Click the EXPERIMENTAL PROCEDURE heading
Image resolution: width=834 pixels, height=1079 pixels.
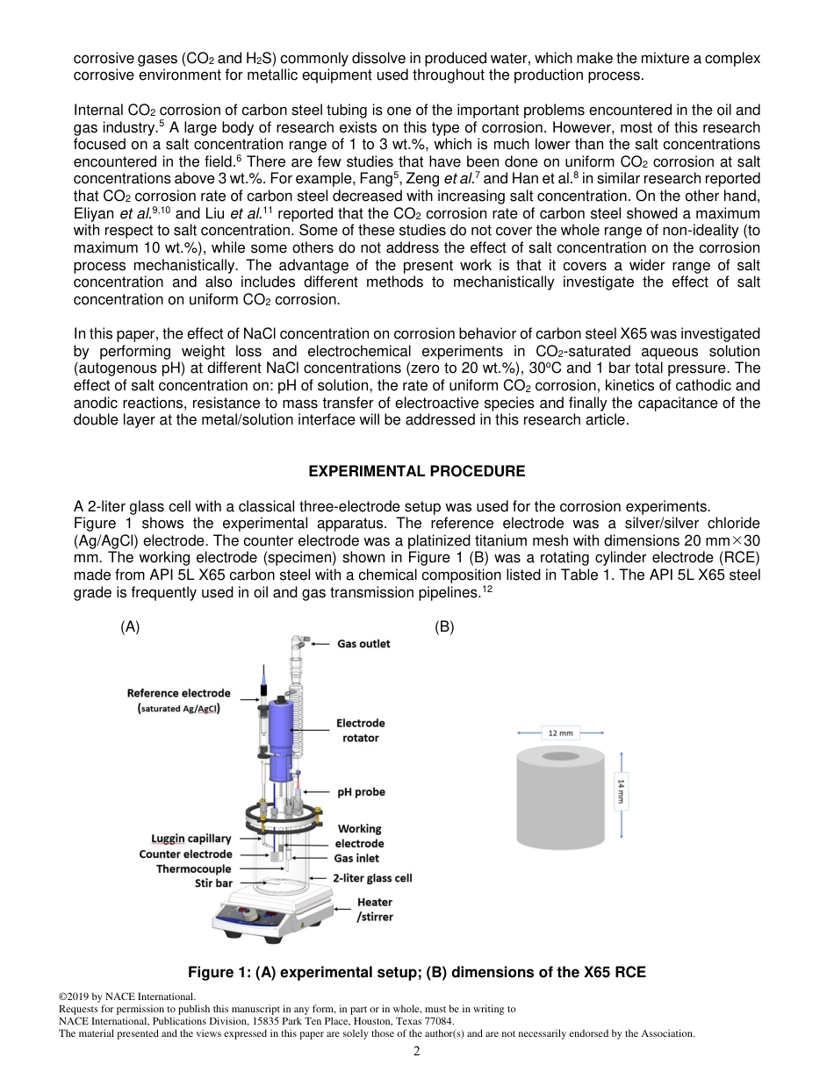pyautogui.click(x=417, y=471)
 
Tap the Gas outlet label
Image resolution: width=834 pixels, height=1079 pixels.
pyautogui.click(x=363, y=643)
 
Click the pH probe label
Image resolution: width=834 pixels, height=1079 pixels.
pyautogui.click(x=361, y=791)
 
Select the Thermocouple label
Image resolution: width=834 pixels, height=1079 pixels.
pyautogui.click(x=194, y=868)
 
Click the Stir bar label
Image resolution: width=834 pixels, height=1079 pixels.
pyautogui.click(x=213, y=883)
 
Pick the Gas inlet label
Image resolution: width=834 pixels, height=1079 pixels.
pyautogui.click(x=356, y=858)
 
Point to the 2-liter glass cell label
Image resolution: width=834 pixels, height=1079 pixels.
pyautogui.click(x=372, y=877)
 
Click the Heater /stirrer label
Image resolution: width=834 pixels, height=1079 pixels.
pyautogui.click(x=374, y=909)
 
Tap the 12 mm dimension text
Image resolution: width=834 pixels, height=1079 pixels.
pyautogui.click(x=560, y=732)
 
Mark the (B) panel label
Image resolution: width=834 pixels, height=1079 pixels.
pyautogui.click(x=444, y=627)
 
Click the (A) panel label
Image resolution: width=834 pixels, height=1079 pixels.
pyautogui.click(x=130, y=627)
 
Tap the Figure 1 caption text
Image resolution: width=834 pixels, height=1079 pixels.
pyautogui.click(x=417, y=972)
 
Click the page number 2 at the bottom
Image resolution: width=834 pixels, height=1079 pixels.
pyautogui.click(x=417, y=1051)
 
